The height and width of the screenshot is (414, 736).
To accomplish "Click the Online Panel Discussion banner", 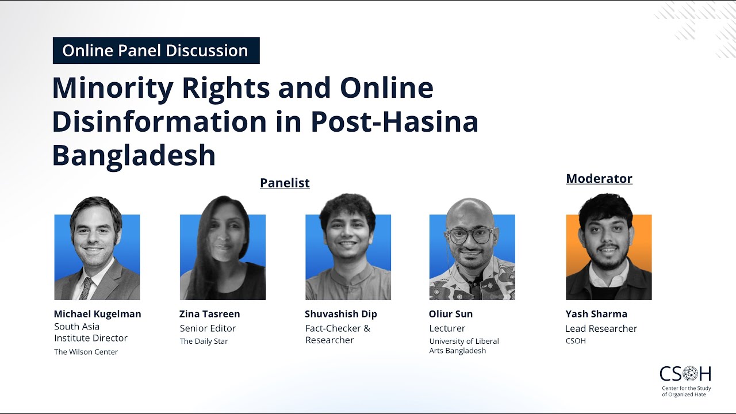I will click(155, 51).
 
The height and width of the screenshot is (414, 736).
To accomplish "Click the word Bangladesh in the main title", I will click(134, 155).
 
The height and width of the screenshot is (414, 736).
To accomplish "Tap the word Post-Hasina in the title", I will click(394, 121).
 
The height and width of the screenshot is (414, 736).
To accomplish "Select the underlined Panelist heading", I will click(285, 183).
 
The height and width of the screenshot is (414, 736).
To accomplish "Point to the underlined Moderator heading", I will click(599, 179).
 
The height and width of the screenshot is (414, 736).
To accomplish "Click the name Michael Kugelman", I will click(97, 314).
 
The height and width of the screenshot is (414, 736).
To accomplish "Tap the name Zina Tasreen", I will click(209, 314).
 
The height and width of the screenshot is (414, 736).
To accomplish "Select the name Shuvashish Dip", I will click(341, 314).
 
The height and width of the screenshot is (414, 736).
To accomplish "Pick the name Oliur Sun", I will click(451, 314).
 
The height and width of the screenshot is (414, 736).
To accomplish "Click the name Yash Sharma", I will click(596, 314).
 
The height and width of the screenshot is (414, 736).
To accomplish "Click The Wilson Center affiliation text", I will click(86, 352).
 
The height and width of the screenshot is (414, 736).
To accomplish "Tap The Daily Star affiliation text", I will click(204, 342).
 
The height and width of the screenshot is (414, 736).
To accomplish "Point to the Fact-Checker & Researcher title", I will click(338, 334).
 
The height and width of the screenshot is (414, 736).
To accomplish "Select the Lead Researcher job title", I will click(601, 329).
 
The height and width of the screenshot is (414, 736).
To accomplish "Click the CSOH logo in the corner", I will click(685, 379).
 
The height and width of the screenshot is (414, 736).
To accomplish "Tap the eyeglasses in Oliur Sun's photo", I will click(470, 235).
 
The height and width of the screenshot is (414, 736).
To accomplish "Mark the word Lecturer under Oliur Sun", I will click(447, 329).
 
